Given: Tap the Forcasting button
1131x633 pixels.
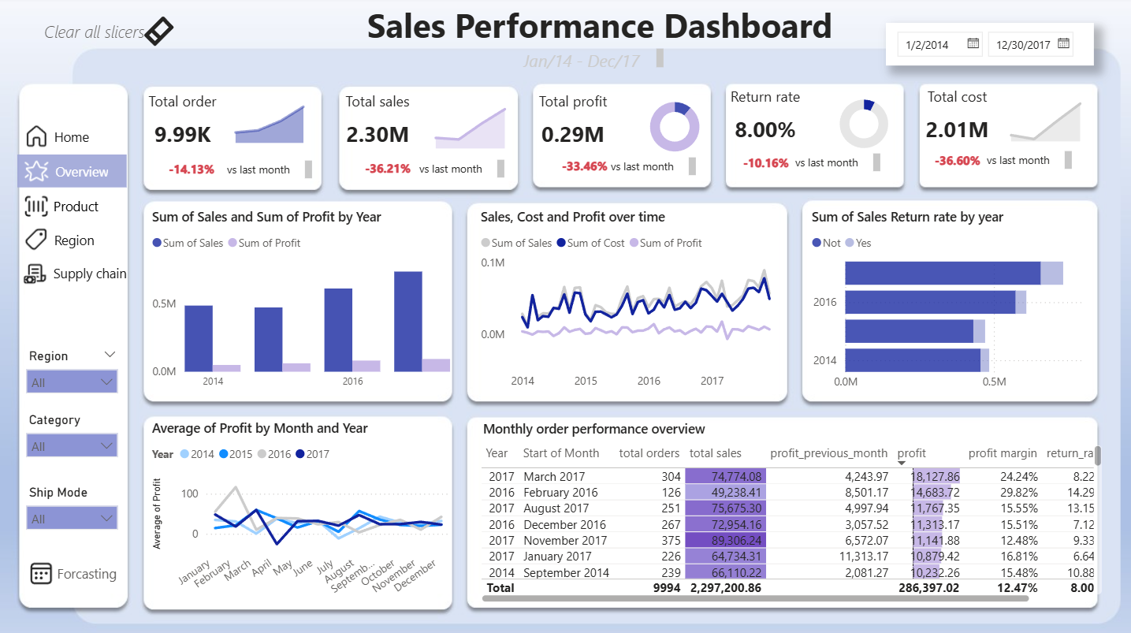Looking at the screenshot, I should point(73,574).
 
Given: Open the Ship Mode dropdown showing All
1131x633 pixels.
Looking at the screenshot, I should point(73,519).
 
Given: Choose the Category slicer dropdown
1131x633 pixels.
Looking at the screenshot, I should point(73,446).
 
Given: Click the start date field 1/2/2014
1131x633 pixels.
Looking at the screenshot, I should point(927,45).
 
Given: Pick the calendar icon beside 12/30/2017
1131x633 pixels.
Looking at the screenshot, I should point(1064,44).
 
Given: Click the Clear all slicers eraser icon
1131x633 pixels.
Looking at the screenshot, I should point(159,32).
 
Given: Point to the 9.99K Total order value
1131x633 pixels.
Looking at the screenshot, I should point(183,135).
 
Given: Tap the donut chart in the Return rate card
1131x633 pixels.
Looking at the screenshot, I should point(864,125).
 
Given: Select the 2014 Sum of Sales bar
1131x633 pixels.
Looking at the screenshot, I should point(199,338).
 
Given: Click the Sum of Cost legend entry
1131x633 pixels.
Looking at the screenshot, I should point(590,243).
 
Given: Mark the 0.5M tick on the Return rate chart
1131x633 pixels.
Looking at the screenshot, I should point(994,382).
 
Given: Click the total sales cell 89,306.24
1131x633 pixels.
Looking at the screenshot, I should point(726,540).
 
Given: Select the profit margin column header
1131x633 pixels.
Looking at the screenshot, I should point(1003,453).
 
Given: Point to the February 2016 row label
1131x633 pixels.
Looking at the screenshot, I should point(560,493).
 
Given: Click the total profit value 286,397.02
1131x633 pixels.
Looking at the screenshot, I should point(928,587).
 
